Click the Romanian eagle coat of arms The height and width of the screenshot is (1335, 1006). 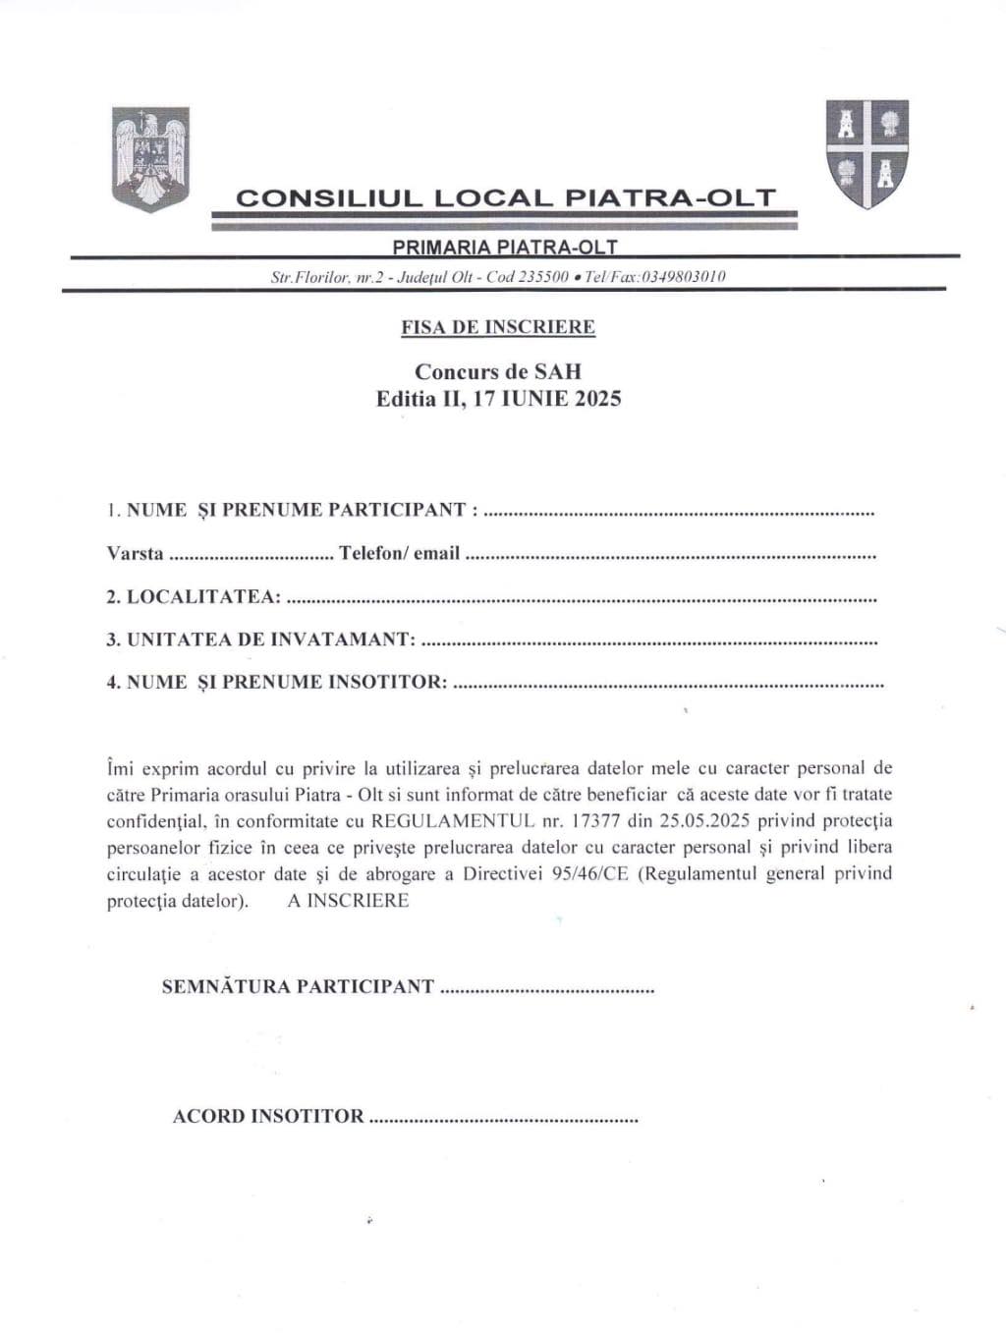[150, 158]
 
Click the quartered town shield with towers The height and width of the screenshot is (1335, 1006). [866, 153]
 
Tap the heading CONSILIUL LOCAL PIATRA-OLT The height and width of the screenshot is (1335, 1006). [505, 197]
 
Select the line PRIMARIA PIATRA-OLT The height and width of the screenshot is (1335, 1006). [505, 247]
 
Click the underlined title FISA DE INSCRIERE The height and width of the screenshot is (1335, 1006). [498, 327]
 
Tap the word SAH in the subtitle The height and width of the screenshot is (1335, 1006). [558, 371]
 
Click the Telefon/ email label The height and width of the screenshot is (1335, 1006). [400, 553]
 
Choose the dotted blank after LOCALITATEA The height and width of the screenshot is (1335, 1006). [582, 598]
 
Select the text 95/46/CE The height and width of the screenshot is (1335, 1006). [589, 873]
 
